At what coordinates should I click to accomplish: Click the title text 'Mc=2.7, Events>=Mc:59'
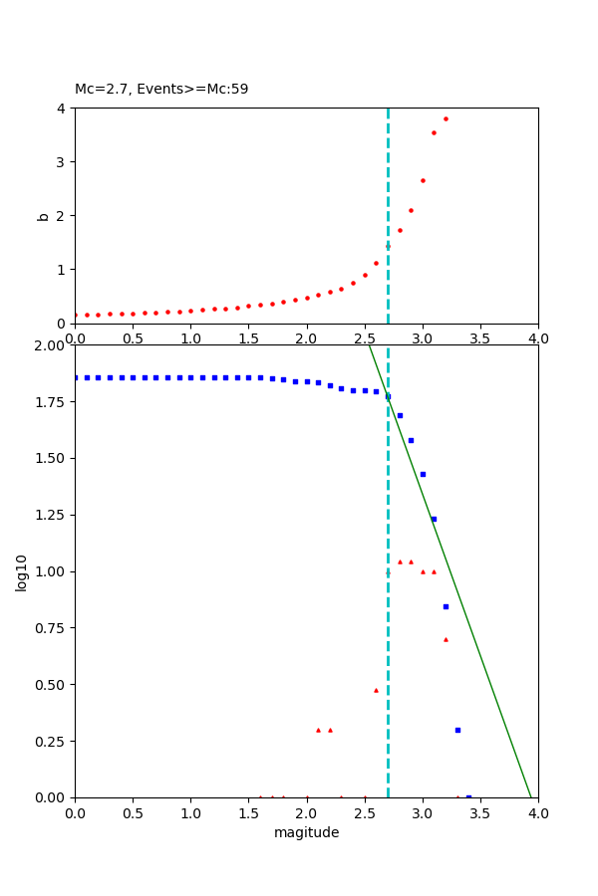click(161, 89)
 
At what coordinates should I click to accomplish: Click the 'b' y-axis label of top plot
click(43, 215)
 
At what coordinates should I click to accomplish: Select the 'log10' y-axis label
click(21, 571)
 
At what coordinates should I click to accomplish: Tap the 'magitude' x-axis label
click(306, 832)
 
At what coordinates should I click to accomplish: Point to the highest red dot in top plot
click(446, 118)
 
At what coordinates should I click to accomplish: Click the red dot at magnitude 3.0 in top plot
click(423, 180)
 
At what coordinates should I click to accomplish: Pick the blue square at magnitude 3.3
click(457, 730)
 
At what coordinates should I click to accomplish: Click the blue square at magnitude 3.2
click(446, 606)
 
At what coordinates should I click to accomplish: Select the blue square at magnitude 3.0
click(423, 474)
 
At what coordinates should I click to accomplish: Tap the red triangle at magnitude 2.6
click(376, 690)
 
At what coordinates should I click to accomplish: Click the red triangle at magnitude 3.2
click(446, 639)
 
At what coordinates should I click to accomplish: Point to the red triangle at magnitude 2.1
click(318, 730)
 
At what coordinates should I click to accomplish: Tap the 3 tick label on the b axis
click(62, 162)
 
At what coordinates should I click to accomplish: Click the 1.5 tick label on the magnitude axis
click(248, 813)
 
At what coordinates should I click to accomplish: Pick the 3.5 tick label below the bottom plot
click(480, 813)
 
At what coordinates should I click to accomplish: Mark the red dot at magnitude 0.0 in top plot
click(76, 315)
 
